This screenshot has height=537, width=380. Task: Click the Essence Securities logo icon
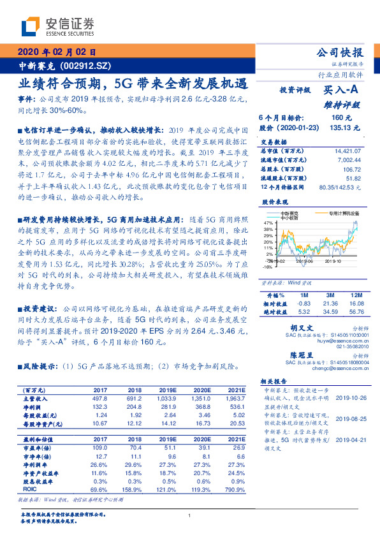(x=33, y=26)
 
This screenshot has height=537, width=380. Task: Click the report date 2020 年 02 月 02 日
(x=55, y=53)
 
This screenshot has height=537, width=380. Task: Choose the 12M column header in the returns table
(x=355, y=295)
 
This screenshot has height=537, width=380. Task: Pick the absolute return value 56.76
(x=355, y=312)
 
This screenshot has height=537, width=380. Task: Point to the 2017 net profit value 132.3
(x=100, y=406)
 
